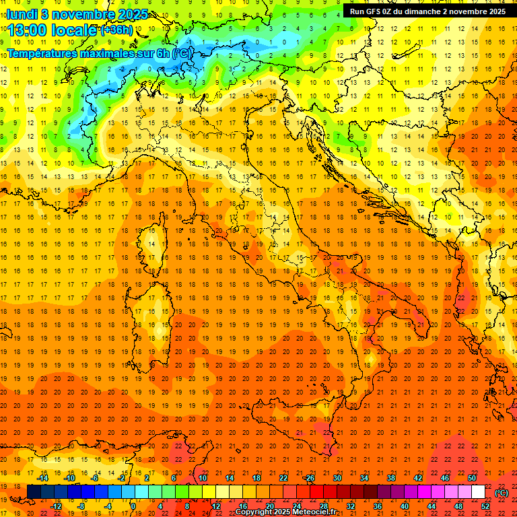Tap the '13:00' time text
(x=31, y=30)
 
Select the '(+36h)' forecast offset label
(x=116, y=30)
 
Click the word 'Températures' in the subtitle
(x=44, y=53)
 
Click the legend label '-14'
(x=42, y=478)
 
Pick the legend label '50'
(x=472, y=478)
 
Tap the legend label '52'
(x=485, y=506)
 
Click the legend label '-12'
(x=57, y=506)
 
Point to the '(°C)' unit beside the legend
(x=502, y=492)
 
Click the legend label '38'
(x=391, y=478)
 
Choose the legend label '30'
(x=337, y=478)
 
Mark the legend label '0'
(x=133, y=506)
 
